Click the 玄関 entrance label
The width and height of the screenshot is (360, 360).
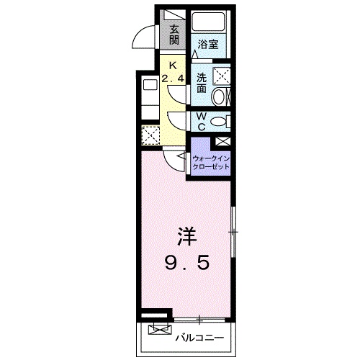[175, 34]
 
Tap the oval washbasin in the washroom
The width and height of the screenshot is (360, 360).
[225, 96]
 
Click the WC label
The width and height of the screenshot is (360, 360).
[201, 122]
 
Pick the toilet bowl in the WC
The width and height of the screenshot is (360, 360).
[224, 121]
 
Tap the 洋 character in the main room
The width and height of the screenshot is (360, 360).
[186, 236]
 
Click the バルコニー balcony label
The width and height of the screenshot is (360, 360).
[199, 336]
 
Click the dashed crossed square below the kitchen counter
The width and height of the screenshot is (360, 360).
[150, 135]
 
